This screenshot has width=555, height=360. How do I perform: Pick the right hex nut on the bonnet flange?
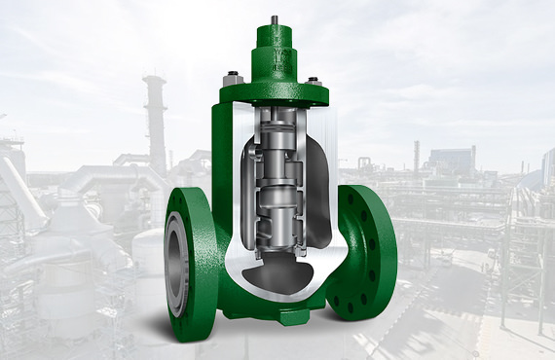(x=314, y=82)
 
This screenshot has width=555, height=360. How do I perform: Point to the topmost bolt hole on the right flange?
(x=372, y=198)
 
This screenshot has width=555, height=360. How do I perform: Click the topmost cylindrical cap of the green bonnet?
(x=277, y=36)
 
